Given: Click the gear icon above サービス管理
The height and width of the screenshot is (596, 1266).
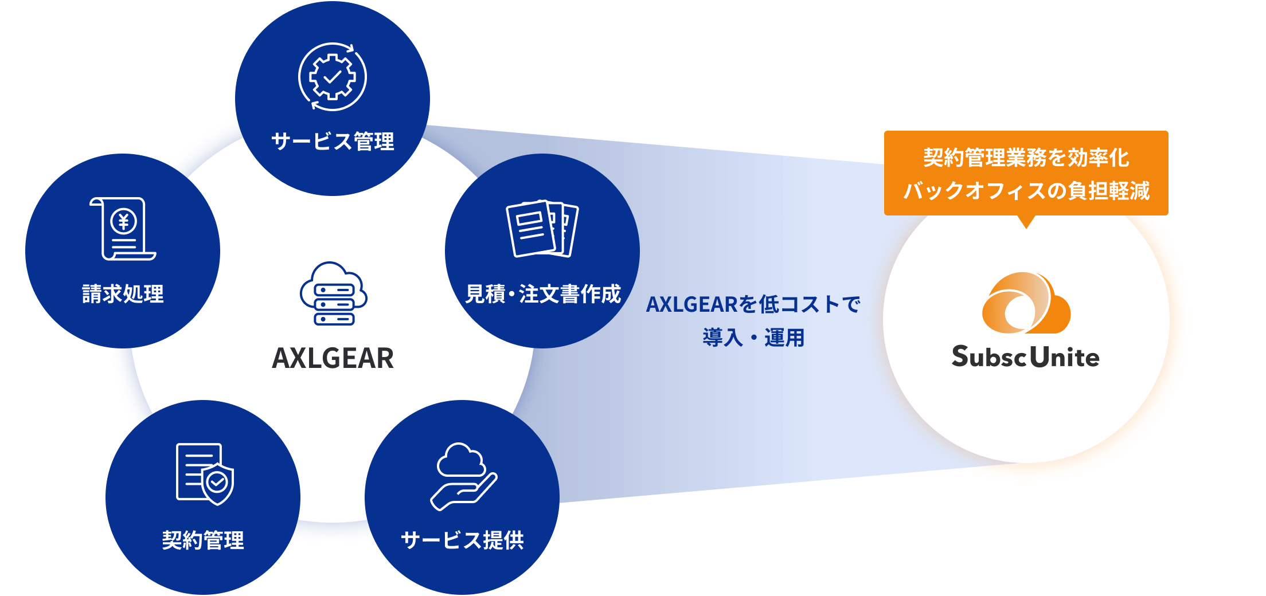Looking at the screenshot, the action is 333,76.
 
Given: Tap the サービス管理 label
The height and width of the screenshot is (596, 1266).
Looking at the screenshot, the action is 333,141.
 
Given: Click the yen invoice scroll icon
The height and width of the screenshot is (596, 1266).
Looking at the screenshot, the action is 123,229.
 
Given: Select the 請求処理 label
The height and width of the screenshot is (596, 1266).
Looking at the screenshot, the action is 123,293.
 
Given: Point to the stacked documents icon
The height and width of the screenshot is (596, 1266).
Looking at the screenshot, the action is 542,228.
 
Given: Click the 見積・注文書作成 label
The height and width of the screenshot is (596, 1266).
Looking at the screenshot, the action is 542,293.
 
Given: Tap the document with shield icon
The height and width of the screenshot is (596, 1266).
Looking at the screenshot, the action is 205,474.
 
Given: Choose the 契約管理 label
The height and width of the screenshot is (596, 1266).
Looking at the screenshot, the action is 203,540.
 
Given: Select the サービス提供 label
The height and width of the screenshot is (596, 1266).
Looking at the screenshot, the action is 462,540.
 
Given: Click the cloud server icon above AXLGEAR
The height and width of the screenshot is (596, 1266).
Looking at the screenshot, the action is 333,293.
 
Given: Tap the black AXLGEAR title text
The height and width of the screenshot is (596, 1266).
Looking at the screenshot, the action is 333,358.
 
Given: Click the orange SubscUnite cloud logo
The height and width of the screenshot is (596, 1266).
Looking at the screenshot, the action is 1026,303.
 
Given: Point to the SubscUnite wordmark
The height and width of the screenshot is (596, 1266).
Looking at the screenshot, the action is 1026,356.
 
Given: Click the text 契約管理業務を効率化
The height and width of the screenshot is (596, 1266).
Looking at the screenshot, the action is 1026,158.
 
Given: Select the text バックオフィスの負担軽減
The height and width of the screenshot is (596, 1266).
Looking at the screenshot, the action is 1026,190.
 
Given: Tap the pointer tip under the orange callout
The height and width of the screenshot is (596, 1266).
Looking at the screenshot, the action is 1026,229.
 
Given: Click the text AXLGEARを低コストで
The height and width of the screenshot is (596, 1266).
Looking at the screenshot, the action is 753,304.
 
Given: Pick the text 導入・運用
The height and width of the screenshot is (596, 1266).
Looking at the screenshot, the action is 753,338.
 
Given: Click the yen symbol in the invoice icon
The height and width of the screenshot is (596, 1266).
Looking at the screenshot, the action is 123,221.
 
